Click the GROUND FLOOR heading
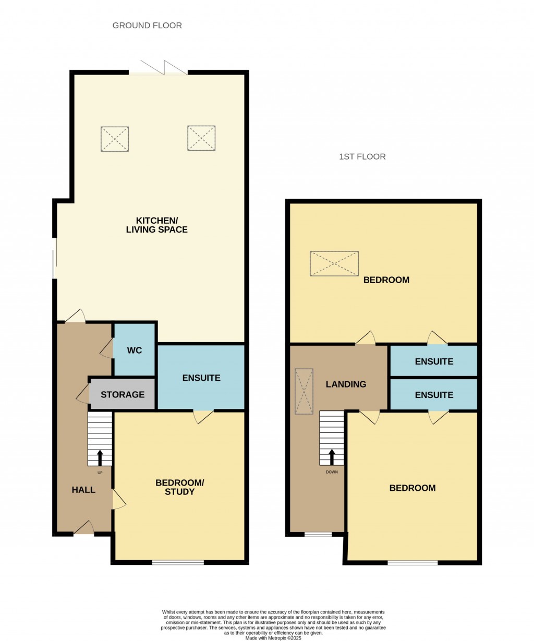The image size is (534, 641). coord(147,26)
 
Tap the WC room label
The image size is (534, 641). coord(135,350)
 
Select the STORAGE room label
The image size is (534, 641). coord(123,395)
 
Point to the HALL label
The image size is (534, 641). coord(83,490)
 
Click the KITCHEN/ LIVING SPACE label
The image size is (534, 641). coord(156,225)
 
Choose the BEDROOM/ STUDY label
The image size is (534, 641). coord(179,487)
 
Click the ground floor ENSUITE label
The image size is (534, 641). coord(201,378)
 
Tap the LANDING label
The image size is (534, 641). coord(346,384)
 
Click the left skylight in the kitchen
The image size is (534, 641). coord(115,139)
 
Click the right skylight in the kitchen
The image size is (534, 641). coord(201,138)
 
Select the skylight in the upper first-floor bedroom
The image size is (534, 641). coord(334,263)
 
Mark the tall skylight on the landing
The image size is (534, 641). coord(304,392)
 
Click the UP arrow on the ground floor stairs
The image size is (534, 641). coord(100,458)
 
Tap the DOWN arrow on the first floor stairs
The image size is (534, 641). coord(332,457)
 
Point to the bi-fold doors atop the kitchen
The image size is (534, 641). coord(159,70)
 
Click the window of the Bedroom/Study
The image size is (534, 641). coord(178,562)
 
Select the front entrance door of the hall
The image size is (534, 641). coord(83,529)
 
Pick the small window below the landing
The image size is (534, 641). coord(318,534)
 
